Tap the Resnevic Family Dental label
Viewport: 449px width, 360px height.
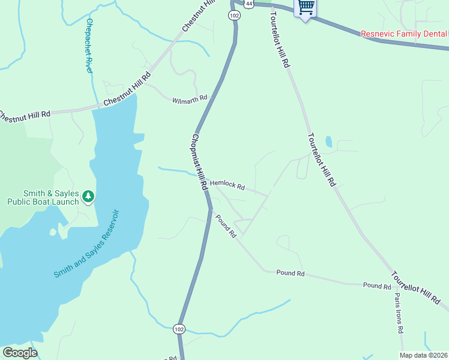(x=404, y=34)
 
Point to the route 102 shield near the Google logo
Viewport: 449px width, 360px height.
(x=179, y=329)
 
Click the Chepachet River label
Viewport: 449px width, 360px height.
(x=89, y=46)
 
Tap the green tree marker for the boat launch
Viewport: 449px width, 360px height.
(x=88, y=196)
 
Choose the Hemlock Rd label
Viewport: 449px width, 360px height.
(x=227, y=186)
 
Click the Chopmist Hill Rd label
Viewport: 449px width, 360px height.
(x=199, y=162)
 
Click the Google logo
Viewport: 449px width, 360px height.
(x=20, y=352)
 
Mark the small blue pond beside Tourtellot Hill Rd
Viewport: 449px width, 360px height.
(x=328, y=142)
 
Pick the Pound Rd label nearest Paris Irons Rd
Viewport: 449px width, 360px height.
(x=377, y=286)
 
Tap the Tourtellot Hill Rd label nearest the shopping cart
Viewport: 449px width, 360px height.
(x=280, y=38)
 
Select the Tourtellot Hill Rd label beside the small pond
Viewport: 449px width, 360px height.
(x=321, y=160)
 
